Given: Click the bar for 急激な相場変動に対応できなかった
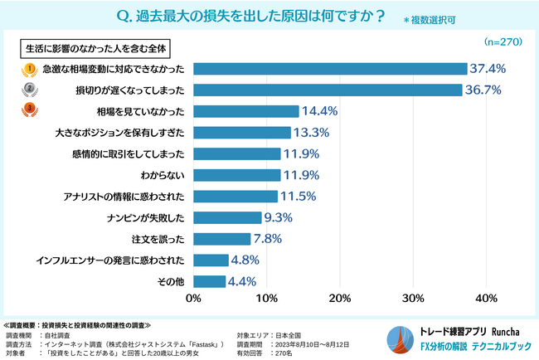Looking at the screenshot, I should (330, 68).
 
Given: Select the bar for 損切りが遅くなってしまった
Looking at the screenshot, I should (328, 90).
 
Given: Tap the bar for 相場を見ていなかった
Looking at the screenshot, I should (246, 111).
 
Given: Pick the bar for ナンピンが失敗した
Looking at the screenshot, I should (227, 218).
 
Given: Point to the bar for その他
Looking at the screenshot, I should (210, 282).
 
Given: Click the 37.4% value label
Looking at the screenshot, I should (488, 68).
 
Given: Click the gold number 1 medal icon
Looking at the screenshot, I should (30, 68).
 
